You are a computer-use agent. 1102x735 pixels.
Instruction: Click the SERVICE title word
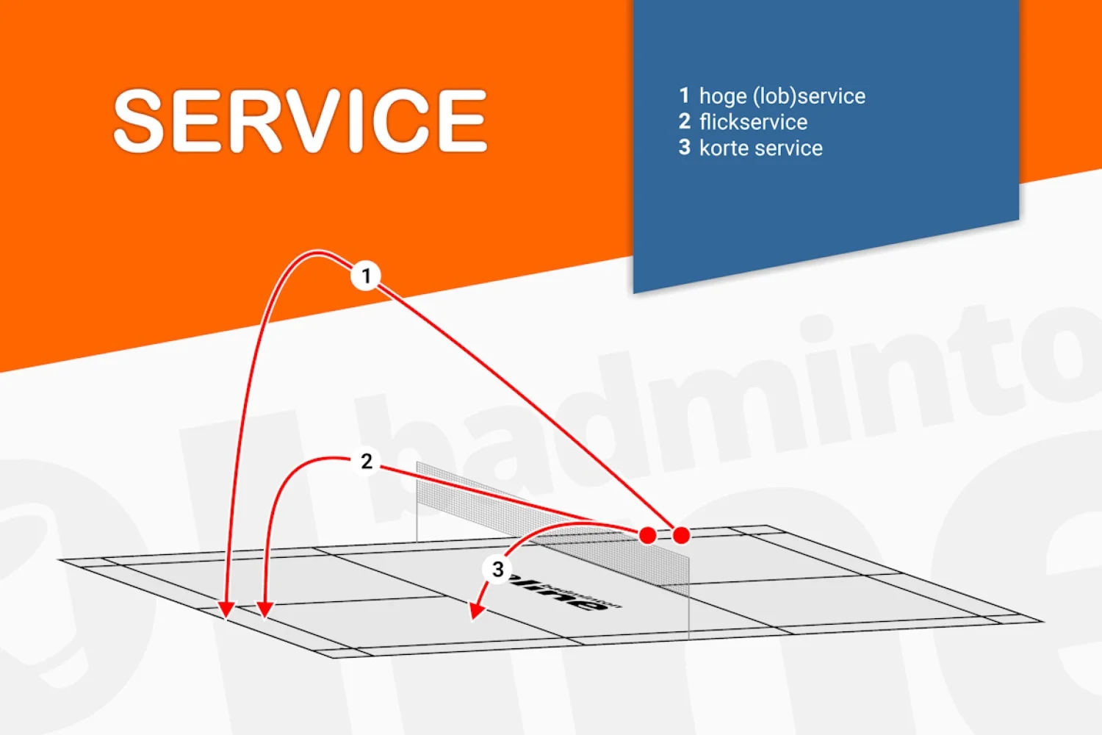(x=300, y=121)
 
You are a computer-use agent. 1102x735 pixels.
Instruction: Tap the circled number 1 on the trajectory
(x=365, y=276)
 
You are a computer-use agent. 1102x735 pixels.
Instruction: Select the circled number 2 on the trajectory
(x=367, y=462)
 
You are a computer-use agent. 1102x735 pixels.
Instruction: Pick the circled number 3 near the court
(x=497, y=569)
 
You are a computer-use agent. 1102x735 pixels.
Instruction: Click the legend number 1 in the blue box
(x=684, y=96)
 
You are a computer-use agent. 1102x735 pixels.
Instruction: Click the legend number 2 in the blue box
(x=684, y=121)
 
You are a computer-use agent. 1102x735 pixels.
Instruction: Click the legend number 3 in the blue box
(x=684, y=147)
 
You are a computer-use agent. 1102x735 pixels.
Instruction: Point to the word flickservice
(x=753, y=122)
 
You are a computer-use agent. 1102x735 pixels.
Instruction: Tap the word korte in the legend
(x=724, y=148)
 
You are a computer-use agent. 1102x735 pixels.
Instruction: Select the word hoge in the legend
(x=723, y=96)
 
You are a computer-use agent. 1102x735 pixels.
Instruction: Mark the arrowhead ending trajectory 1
(x=226, y=610)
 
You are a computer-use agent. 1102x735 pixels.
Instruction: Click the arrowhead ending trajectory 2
(x=265, y=609)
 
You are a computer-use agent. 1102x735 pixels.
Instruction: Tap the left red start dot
(x=647, y=535)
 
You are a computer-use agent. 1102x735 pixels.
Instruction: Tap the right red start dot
(x=681, y=535)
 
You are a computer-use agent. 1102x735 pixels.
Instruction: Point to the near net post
(x=688, y=595)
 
